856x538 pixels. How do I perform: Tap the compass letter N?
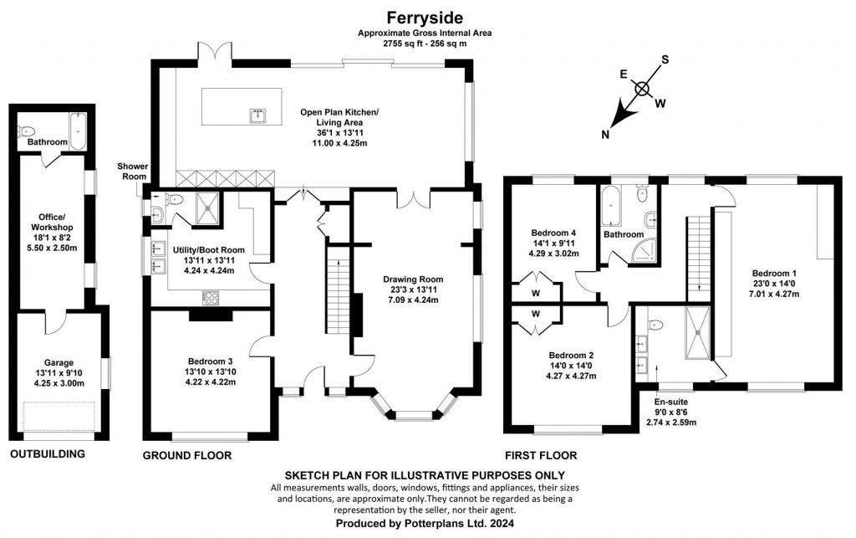pyautogui.click(x=607, y=134)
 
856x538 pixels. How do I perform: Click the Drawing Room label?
pyautogui.click(x=413, y=279)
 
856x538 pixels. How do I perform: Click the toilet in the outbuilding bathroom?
pyautogui.click(x=27, y=131)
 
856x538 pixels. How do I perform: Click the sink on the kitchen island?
pyautogui.click(x=257, y=116)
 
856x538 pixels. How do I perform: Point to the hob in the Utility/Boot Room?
pyautogui.click(x=210, y=300)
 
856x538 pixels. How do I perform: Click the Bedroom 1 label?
pyautogui.click(x=774, y=274)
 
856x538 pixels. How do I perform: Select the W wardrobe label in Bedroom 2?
pyautogui.click(x=537, y=314)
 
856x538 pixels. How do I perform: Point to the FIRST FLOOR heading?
pyautogui.click(x=540, y=456)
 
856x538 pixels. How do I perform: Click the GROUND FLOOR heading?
pyautogui.click(x=186, y=456)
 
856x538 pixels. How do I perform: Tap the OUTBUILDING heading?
pyautogui.click(x=48, y=454)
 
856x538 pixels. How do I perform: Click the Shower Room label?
pyautogui.click(x=132, y=172)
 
